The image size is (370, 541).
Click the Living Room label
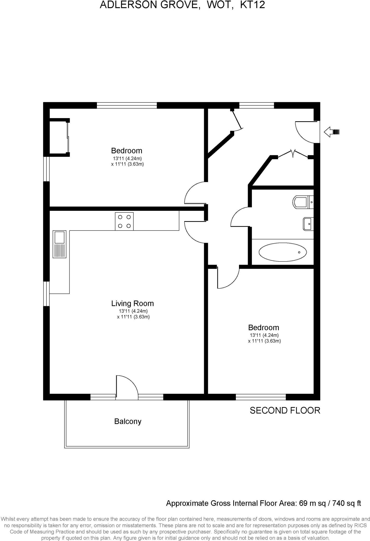[x=132, y=303]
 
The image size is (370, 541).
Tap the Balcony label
[x=128, y=421]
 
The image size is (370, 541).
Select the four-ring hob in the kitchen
[x=124, y=221]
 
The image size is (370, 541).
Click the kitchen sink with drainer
[x=59, y=244]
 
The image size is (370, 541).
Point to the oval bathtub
[x=283, y=252]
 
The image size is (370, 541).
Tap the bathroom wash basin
[x=308, y=224]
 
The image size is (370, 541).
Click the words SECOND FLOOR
[x=285, y=410]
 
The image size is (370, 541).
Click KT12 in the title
[x=252, y=5]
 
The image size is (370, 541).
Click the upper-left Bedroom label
[x=127, y=151]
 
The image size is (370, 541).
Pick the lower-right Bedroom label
[x=263, y=328]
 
